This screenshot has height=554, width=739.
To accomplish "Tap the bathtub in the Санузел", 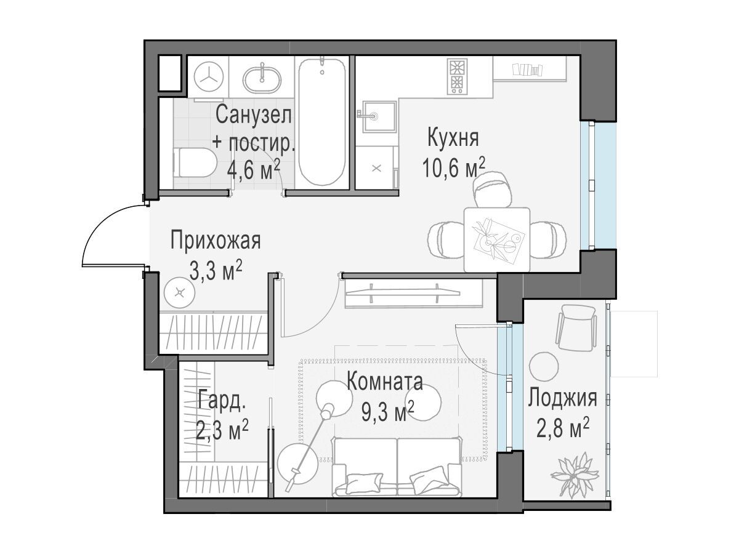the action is tap(322, 121).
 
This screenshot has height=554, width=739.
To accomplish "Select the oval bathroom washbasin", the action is tap(262, 80).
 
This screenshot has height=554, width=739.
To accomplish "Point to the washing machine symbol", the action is tap(209, 76).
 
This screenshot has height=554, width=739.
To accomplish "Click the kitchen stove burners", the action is tap(457, 76).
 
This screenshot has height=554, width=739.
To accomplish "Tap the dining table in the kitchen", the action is tap(496, 239).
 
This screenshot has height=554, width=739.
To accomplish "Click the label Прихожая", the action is tap(216, 240).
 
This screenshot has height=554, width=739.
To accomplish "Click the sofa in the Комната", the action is tap(397, 466).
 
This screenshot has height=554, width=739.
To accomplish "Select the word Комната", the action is tap(384, 382).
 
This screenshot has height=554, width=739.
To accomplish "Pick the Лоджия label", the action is tap(562, 398).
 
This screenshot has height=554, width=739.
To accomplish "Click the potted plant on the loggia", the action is tap(574, 475).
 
